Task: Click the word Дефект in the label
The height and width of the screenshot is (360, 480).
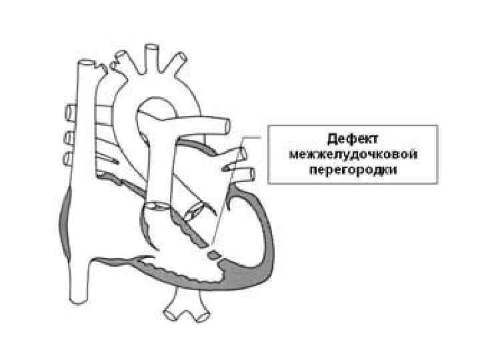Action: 353,139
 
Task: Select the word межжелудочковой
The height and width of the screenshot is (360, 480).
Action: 353,154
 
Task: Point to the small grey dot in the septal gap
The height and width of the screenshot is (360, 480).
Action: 212,254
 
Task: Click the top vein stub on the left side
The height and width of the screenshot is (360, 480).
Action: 69,110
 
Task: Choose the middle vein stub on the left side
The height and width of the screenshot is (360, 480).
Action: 69,137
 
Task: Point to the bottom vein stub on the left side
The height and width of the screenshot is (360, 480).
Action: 69,158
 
